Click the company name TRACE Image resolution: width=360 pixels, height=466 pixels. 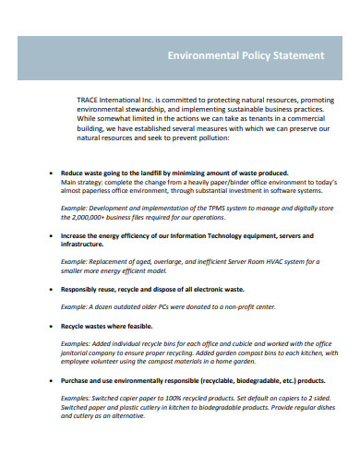pyautogui.click(x=91, y=100)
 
